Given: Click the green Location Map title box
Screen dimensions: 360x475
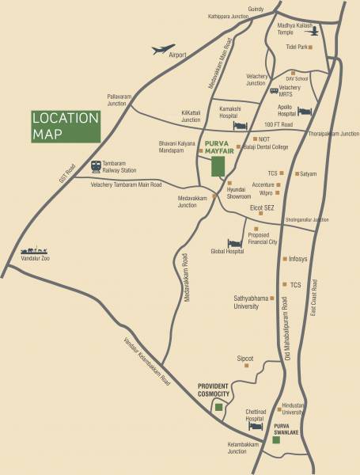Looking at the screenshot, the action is coord(66,127).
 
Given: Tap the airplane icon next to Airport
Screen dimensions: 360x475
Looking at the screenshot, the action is coord(161,50).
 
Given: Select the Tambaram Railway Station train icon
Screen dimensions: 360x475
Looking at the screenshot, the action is coord(96,167).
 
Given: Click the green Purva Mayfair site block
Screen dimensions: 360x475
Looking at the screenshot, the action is coord(218,166).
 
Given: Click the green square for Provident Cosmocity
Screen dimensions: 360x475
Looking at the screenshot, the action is coord(218,407).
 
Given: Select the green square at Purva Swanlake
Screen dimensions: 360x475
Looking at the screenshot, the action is coord(276,439).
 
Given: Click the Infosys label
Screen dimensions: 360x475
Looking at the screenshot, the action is coord(297,258).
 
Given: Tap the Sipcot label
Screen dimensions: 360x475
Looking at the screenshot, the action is coord(245,358).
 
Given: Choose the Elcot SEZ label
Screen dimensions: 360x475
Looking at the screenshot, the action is coord(261,207).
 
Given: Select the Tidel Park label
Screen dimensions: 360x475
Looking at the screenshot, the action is coord(295,47).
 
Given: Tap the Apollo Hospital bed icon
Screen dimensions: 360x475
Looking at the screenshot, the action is coord(305,112).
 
